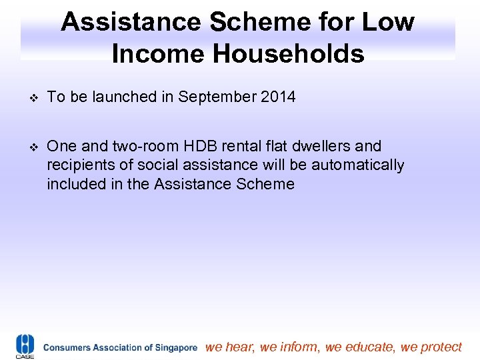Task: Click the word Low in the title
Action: click(x=387, y=23)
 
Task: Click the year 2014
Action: click(x=278, y=97)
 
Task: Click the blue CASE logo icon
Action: click(x=25, y=346)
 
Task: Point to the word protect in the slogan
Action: click(x=441, y=347)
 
